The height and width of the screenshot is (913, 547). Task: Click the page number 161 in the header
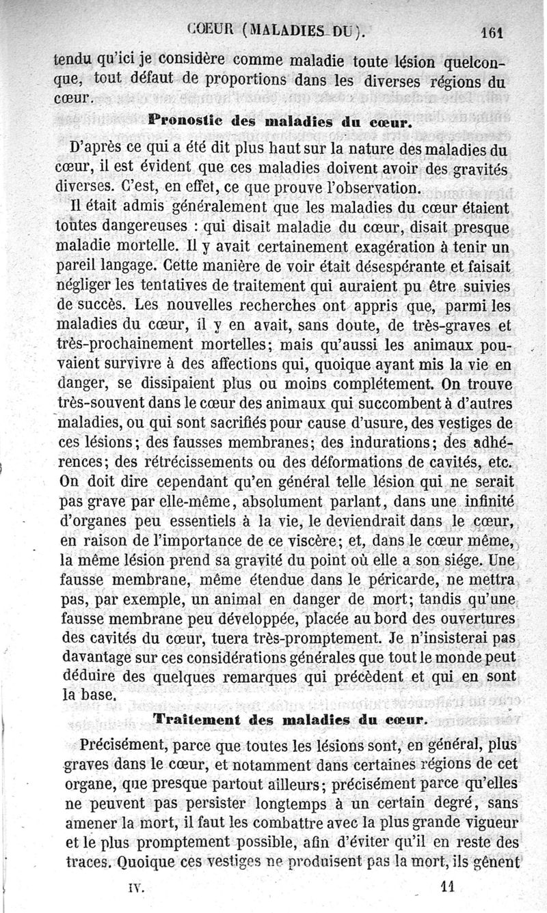[x=492, y=31]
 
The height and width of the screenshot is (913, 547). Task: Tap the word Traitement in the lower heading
[x=196, y=718]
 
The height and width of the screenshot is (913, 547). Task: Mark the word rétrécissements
[x=218, y=460]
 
